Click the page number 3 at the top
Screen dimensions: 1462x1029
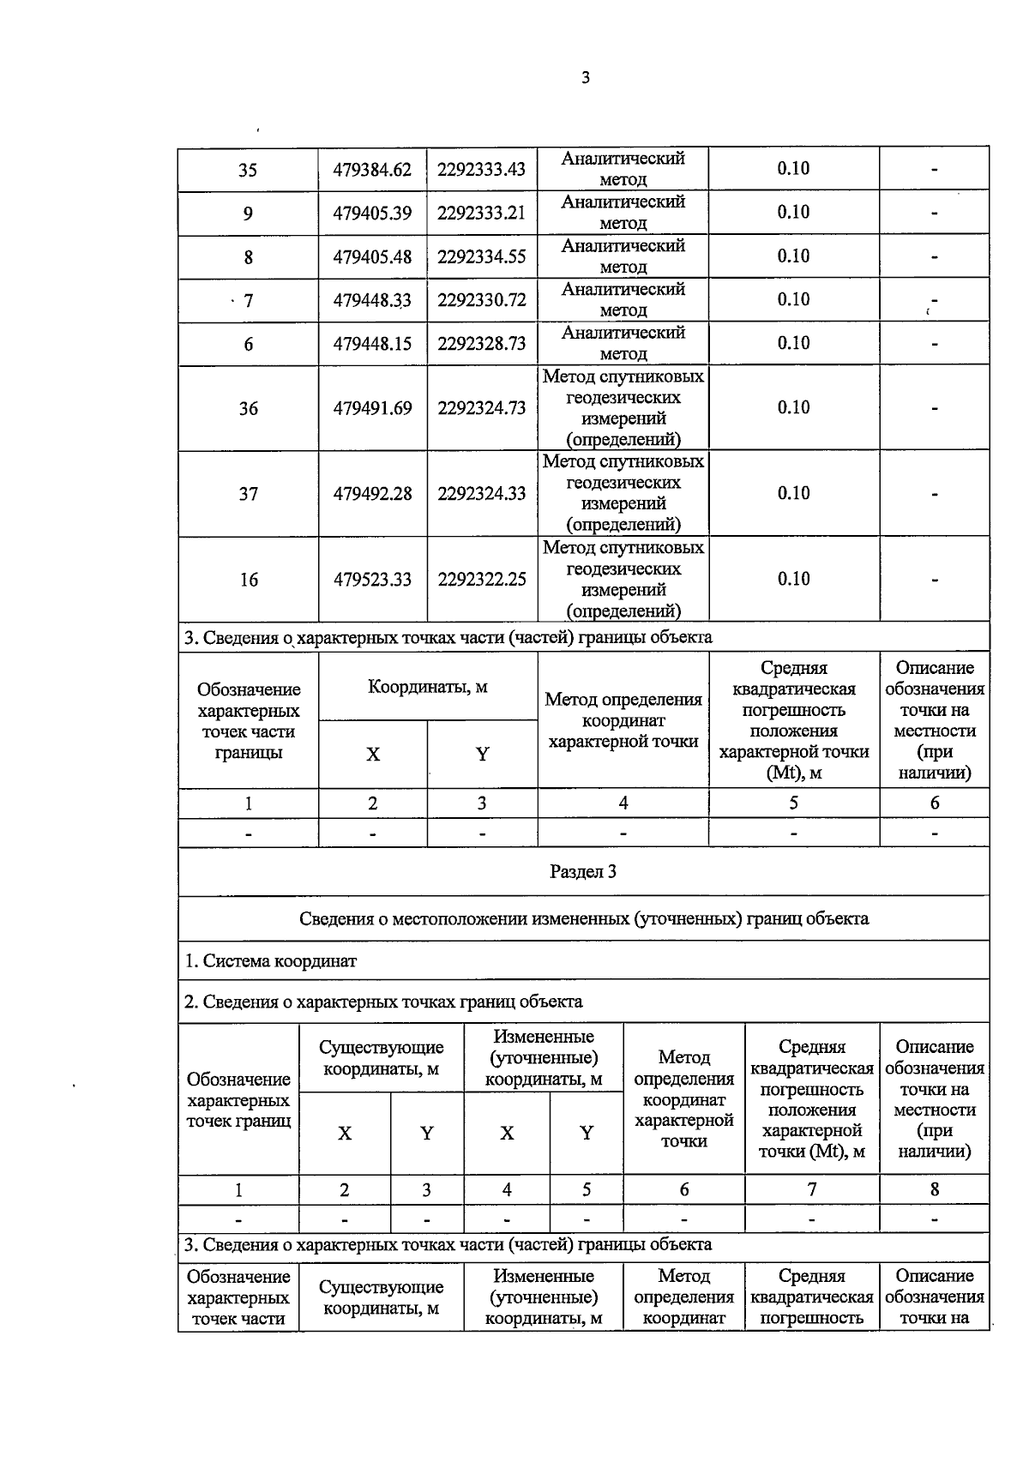tap(586, 78)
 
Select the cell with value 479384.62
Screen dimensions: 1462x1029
tap(372, 170)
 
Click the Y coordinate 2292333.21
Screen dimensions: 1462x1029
tap(481, 213)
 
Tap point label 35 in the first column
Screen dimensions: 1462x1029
tap(248, 170)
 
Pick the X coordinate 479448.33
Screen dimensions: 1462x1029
tap(372, 300)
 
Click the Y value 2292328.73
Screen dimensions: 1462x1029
tap(481, 344)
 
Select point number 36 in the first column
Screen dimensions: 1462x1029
tap(248, 408)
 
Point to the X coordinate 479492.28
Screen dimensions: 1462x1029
tap(372, 494)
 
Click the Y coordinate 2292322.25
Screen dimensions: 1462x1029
tap(481, 580)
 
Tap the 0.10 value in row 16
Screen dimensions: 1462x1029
tap(793, 579)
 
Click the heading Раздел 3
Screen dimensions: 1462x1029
tap(583, 872)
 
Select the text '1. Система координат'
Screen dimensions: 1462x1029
tap(271, 961)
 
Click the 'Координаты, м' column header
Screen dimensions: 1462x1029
tap(427, 687)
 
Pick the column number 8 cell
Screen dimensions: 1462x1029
tap(934, 1189)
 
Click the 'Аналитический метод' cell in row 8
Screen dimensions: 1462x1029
tap(623, 256)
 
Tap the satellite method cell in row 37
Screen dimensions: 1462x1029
tap(623, 493)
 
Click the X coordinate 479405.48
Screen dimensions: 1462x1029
tap(372, 256)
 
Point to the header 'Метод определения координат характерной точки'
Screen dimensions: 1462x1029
tap(623, 720)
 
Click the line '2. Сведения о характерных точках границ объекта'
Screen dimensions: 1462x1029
tap(383, 1002)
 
